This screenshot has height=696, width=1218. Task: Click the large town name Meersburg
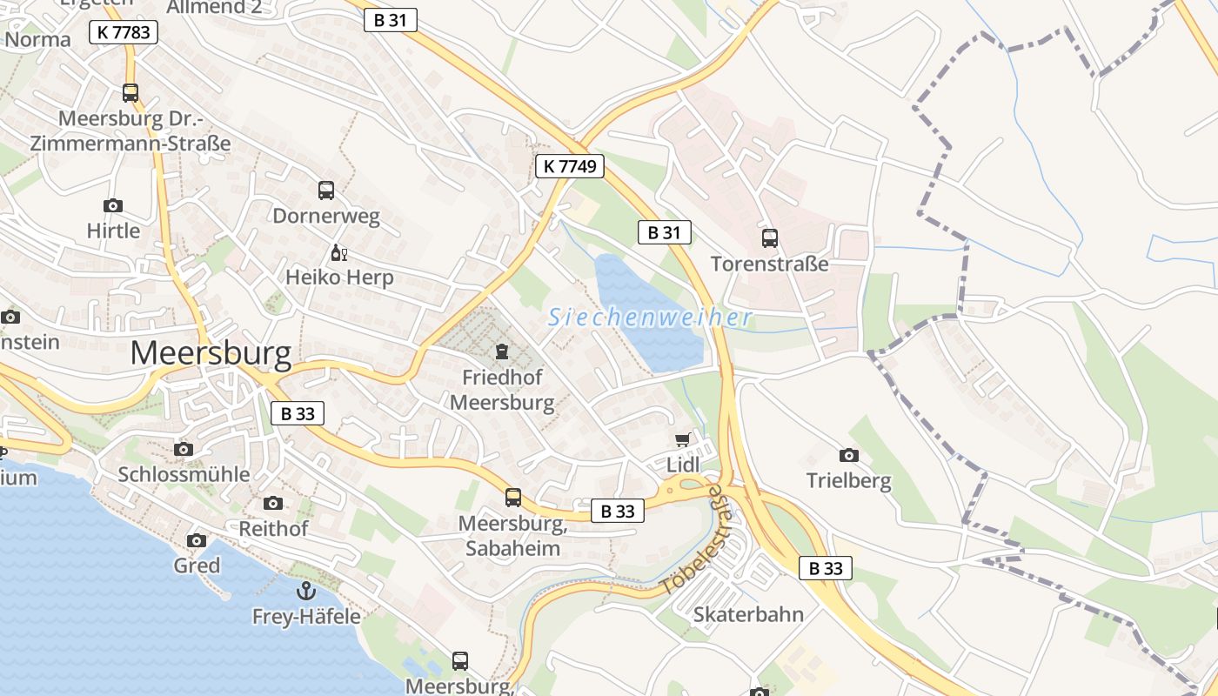coord(211,353)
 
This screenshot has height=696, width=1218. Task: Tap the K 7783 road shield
coord(124,33)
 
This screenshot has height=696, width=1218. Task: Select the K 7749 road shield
coord(570,165)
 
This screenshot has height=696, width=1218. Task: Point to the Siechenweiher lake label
coord(650,318)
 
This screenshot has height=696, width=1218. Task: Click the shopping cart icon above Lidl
coord(683,440)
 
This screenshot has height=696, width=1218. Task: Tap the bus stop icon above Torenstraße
coord(770,238)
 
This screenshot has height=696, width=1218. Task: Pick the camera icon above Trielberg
coord(849,455)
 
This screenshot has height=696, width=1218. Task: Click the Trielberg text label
coord(849,480)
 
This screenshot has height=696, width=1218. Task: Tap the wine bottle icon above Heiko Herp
coord(338,253)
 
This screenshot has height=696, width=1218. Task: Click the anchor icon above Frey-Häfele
coord(306,592)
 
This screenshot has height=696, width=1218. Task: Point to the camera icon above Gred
coord(197,540)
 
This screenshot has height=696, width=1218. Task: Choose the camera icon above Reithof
coord(273,503)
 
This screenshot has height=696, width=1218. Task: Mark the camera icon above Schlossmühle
coord(184,449)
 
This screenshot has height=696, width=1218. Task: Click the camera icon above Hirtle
coord(113,206)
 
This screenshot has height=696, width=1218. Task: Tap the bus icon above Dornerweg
coord(326,191)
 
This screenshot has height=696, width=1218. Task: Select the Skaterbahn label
coord(748,614)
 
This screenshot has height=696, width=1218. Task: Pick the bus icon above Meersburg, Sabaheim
coord(513,498)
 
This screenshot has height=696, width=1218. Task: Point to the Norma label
coord(38,39)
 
